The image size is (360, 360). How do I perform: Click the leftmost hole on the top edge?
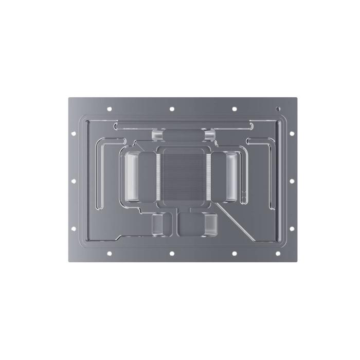point(109,109)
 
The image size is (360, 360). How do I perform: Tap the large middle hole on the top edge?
point(171,109)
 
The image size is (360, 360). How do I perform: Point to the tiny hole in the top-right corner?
point(278,109)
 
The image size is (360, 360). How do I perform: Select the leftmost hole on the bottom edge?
point(109,254)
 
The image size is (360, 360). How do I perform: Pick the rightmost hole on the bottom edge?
point(278,254)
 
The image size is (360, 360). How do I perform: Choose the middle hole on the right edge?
point(292,181)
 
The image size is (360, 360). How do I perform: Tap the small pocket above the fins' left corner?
point(157,135)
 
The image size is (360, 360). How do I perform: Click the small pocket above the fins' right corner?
point(209,135)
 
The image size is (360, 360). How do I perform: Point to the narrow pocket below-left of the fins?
point(157,224)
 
